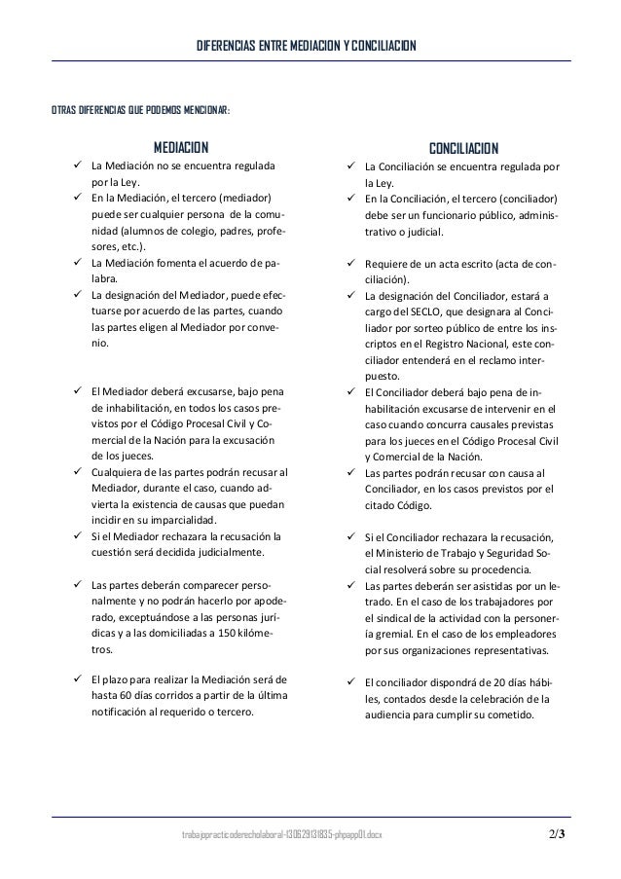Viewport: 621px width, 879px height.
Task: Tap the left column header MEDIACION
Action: pyautogui.click(x=182, y=148)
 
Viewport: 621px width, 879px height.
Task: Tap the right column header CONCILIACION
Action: pyautogui.click(x=464, y=148)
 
